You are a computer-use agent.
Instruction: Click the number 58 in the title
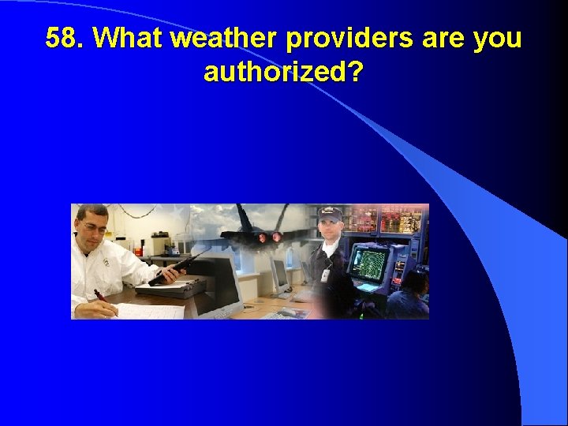(62, 39)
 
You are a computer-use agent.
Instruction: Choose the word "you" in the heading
(497, 39)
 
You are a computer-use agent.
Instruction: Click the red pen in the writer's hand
(101, 299)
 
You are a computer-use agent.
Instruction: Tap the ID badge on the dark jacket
(324, 275)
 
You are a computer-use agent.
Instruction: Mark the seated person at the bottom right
(410, 296)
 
